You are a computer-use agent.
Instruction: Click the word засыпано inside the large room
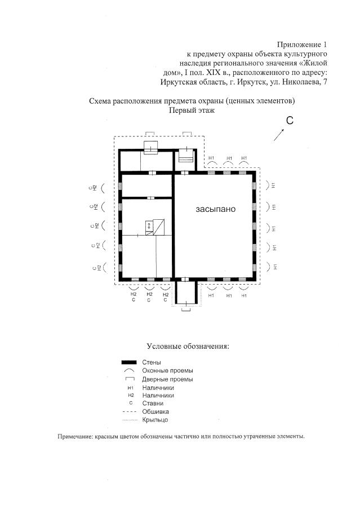click(x=215, y=209)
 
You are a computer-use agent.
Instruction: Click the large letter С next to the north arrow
click(x=290, y=121)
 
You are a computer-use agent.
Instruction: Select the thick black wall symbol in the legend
click(x=130, y=362)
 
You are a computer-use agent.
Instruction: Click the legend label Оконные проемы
click(x=168, y=370)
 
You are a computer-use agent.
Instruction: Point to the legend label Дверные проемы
click(x=168, y=379)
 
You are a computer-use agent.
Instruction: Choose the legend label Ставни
click(x=153, y=403)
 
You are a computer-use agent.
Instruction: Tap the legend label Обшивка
click(x=155, y=412)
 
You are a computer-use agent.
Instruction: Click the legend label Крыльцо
click(x=155, y=420)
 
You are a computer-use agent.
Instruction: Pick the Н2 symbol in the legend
click(x=130, y=396)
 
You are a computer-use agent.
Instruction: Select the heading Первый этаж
click(x=192, y=110)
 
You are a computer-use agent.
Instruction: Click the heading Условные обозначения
click(x=188, y=345)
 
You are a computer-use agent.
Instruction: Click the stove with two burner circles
click(x=149, y=226)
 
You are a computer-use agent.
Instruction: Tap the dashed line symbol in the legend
click(x=130, y=412)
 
